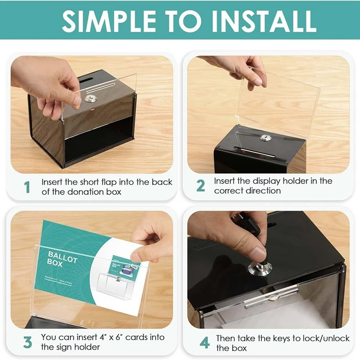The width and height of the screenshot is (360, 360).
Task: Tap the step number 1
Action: click(x=27, y=186)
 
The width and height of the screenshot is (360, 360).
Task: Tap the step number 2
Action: click(x=201, y=186)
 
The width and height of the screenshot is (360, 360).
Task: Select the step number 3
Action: click(x=27, y=342)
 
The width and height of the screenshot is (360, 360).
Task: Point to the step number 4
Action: click(x=204, y=343)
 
